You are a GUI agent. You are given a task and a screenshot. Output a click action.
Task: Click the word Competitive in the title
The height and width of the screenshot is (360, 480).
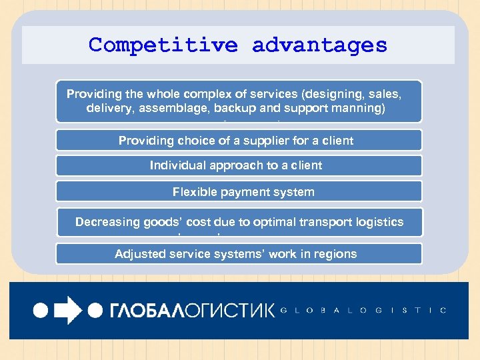[163, 45]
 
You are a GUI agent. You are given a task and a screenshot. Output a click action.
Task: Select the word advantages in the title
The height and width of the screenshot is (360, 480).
[319, 45]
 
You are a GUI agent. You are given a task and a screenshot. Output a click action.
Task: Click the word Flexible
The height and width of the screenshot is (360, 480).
[193, 192]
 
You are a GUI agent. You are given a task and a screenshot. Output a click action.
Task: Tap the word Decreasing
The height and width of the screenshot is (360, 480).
[106, 222]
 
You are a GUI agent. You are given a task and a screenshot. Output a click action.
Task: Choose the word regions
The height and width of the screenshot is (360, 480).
[335, 254]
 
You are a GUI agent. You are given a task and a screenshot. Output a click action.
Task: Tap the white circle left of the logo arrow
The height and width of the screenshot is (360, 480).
[41, 311]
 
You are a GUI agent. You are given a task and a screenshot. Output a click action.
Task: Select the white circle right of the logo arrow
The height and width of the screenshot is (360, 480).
[95, 311]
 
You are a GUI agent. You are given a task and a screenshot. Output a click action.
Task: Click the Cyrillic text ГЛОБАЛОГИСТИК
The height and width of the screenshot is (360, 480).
[191, 311]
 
